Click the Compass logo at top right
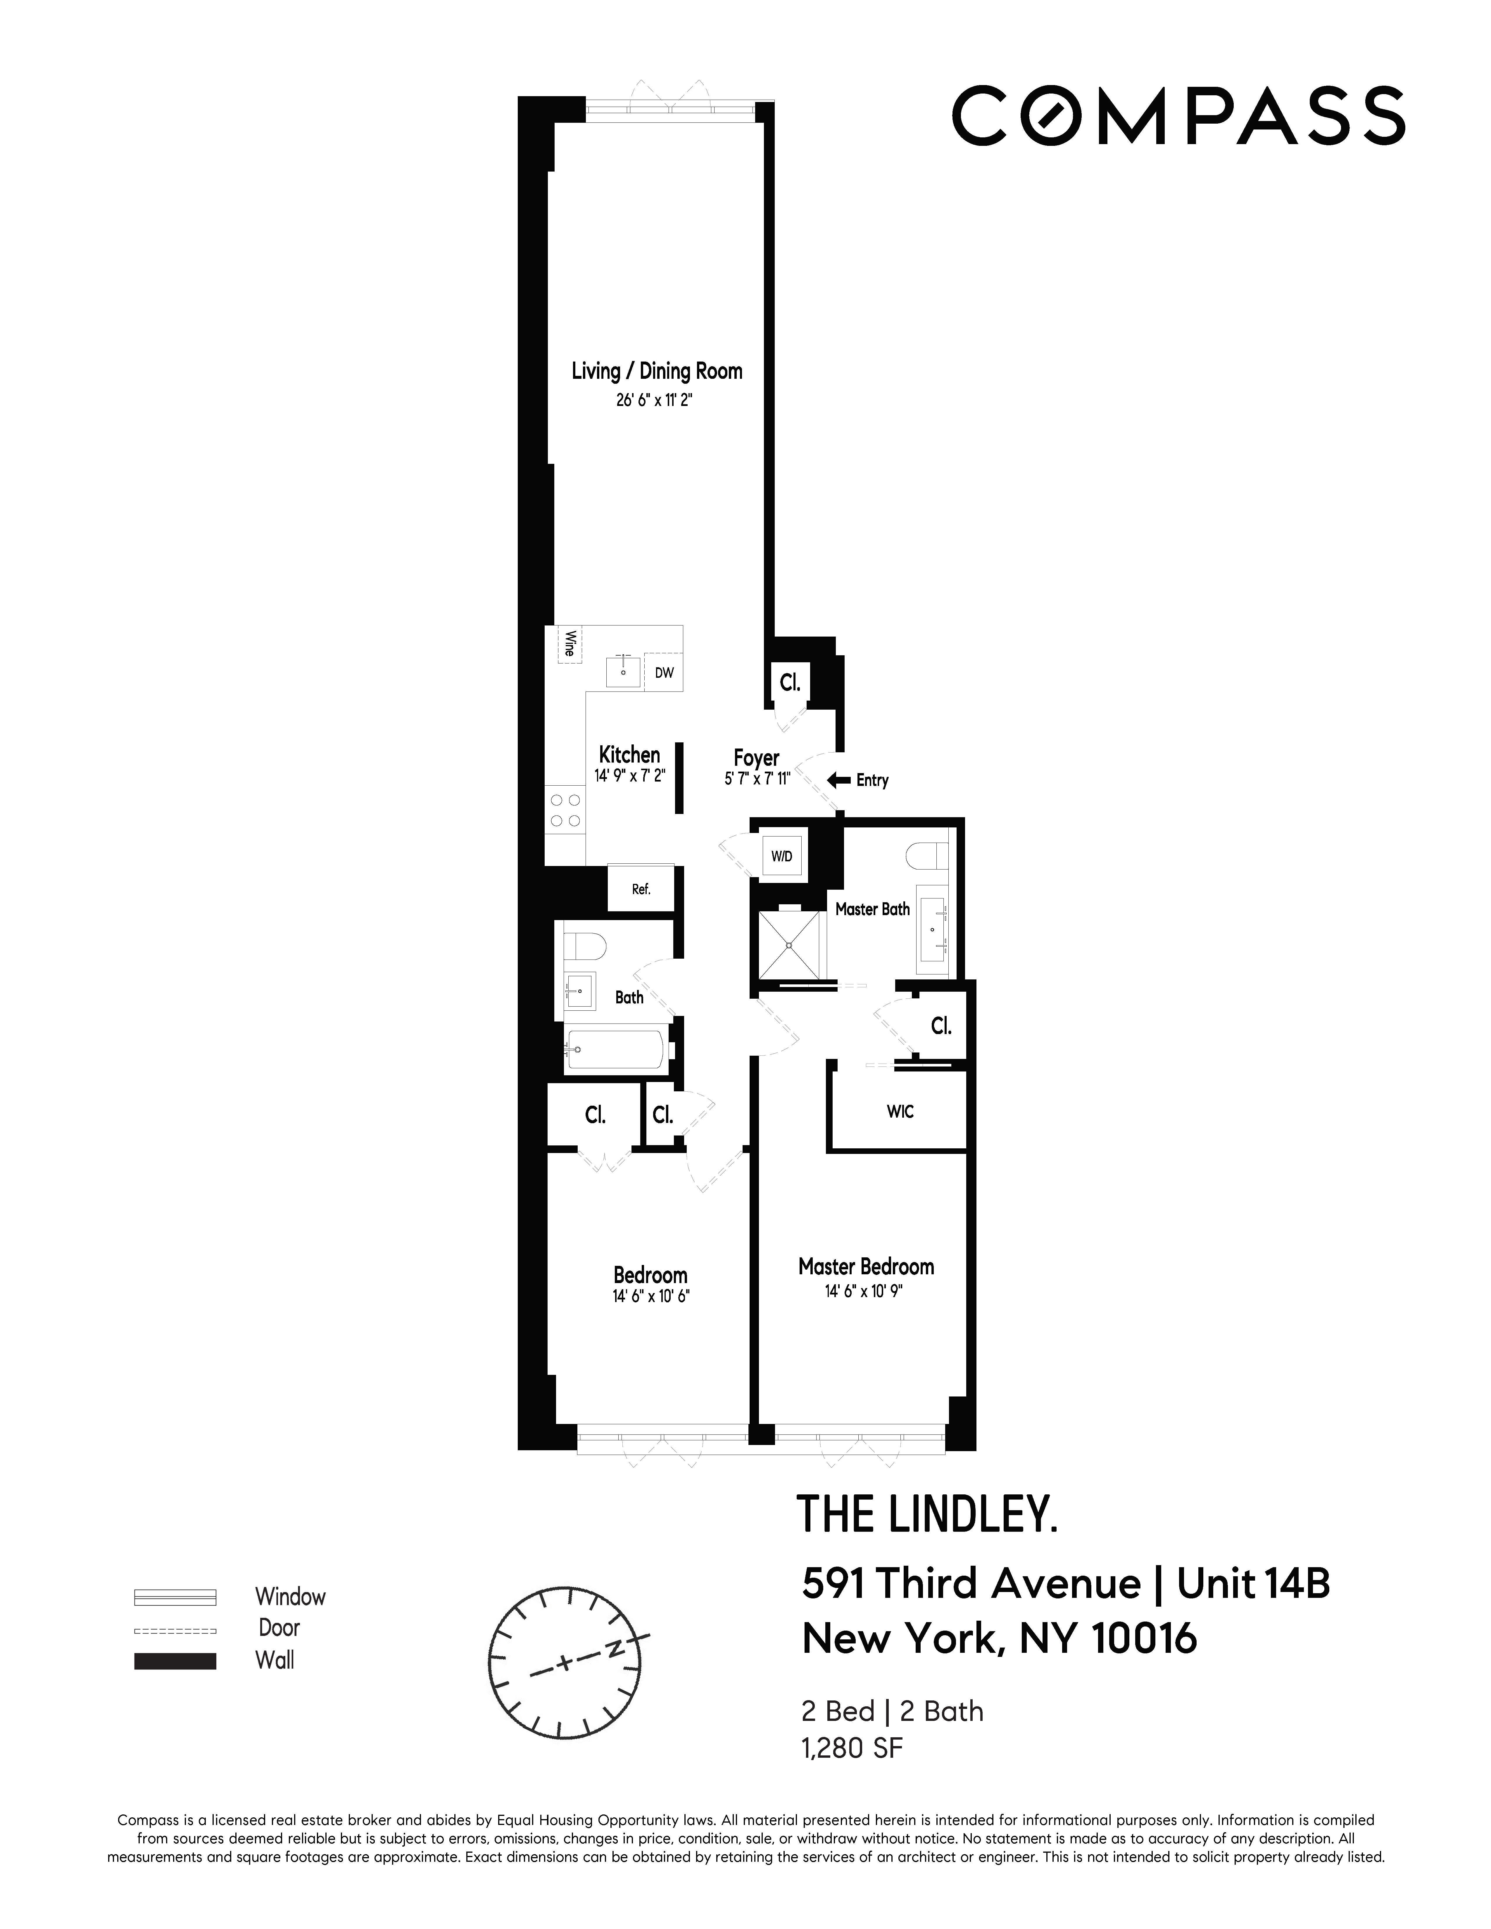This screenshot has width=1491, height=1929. click(1177, 116)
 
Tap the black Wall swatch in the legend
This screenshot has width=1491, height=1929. click(175, 1660)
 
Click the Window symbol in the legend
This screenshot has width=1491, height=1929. click(175, 1597)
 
